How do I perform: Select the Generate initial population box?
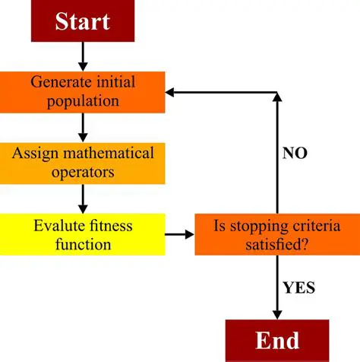pos(83,90)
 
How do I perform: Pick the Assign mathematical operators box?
pos(83,162)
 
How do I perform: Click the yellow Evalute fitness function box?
pos(83,234)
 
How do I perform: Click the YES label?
pos(298,287)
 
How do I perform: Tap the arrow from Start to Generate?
pos(83,56)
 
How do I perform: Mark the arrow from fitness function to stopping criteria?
pos(179,234)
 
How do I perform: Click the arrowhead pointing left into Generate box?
pos(172,92)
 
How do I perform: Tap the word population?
pos(83,100)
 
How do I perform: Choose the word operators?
pos(83,172)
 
